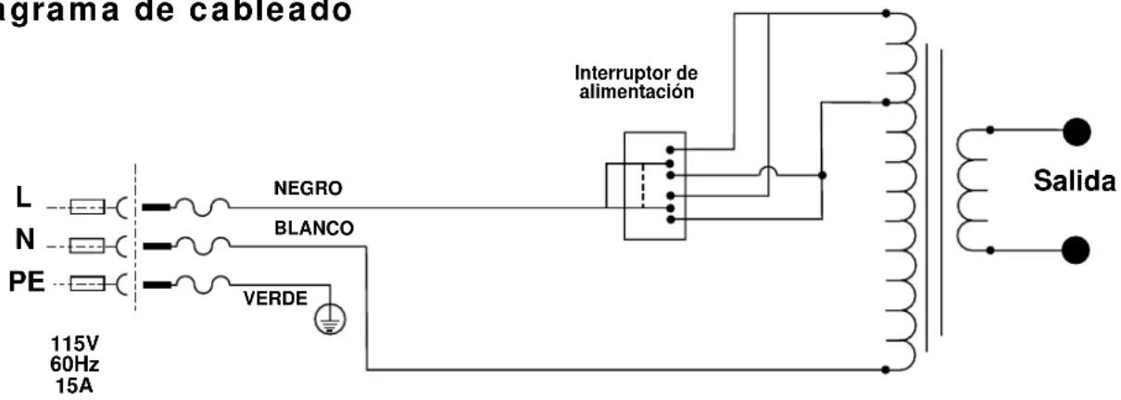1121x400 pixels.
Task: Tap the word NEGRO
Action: (x=309, y=189)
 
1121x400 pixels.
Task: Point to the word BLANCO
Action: (x=313, y=228)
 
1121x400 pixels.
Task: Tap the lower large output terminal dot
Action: (x=1076, y=250)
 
